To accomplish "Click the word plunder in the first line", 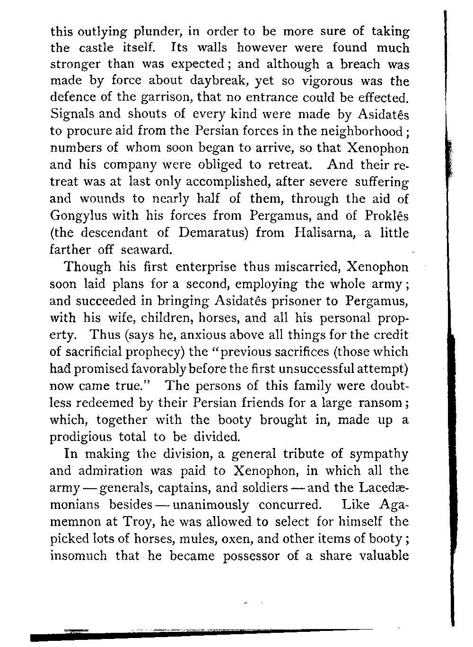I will (156, 32).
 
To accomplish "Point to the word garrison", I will (163, 98).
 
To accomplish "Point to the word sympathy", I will (379, 454).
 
